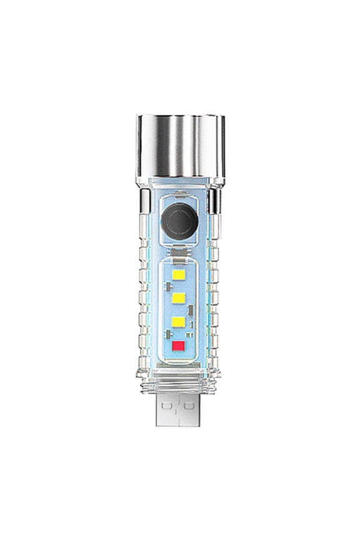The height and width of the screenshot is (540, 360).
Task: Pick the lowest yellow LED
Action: [x=180, y=322]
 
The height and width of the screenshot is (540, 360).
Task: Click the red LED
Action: [x=180, y=346]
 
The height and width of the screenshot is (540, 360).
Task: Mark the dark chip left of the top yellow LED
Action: [x=168, y=287]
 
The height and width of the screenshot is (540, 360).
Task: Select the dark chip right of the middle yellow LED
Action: [x=191, y=309]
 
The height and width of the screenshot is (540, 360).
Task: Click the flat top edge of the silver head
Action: [x=180, y=117]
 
